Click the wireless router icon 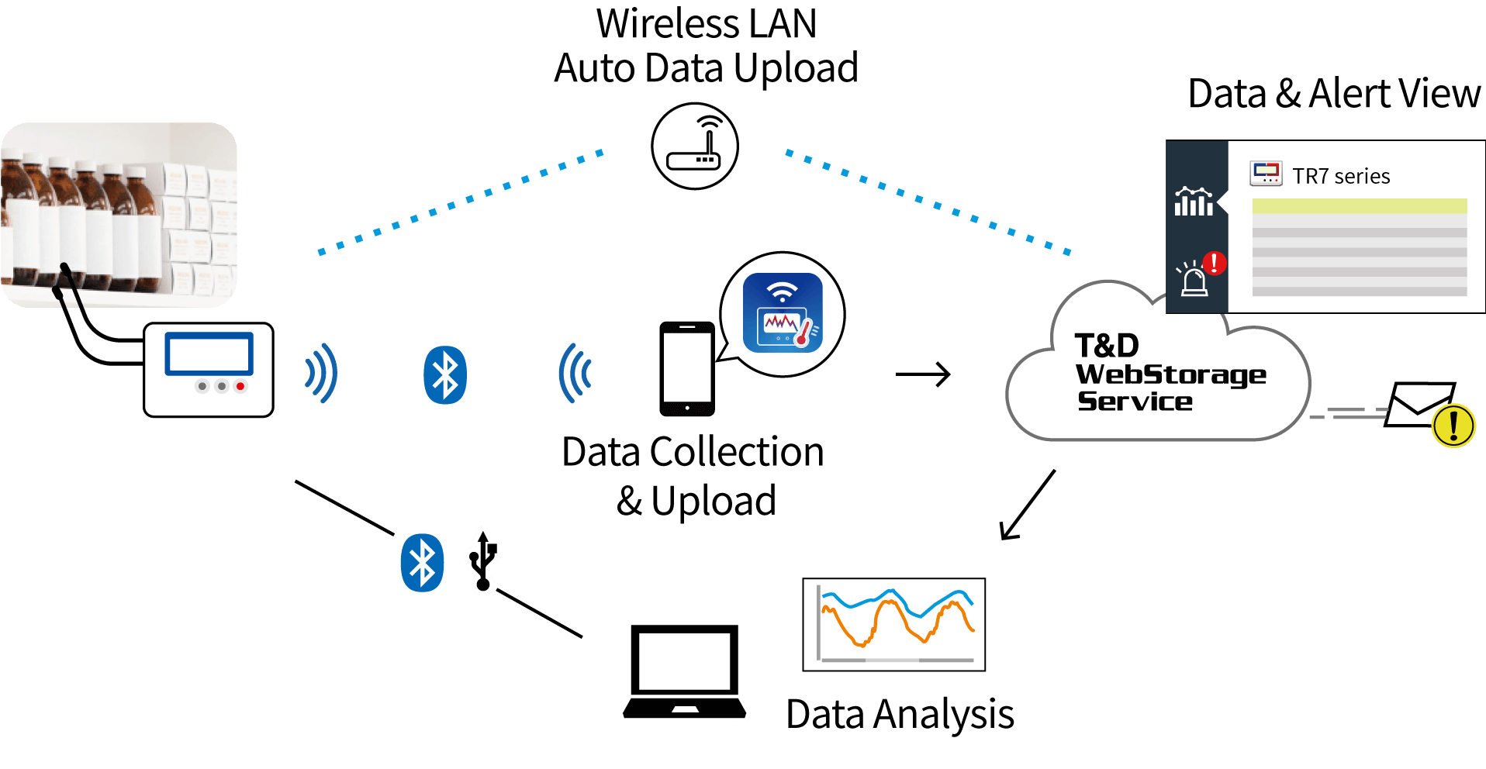[x=694, y=146]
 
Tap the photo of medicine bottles [x=119, y=214]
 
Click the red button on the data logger [x=241, y=386]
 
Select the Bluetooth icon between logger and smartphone [x=444, y=375]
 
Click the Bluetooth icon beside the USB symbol [x=422, y=563]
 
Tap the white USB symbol [x=483, y=560]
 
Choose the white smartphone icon [x=687, y=367]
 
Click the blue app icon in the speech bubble [x=783, y=313]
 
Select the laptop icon [x=684, y=671]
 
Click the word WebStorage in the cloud [x=1170, y=374]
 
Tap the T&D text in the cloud [x=1107, y=345]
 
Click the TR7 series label [x=1341, y=177]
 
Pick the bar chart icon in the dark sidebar [x=1194, y=202]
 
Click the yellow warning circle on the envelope [x=1453, y=425]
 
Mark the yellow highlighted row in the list [x=1359, y=206]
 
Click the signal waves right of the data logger [x=321, y=374]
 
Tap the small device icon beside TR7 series [x=1266, y=174]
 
